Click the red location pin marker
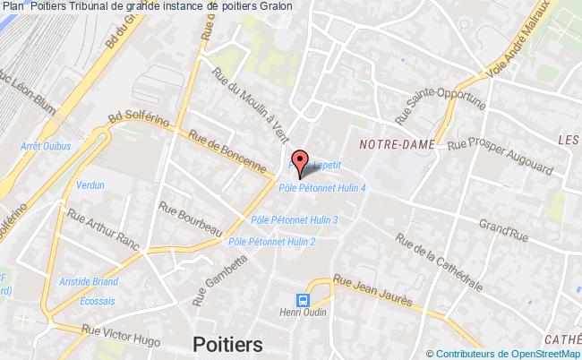pyautogui.click(x=301, y=159)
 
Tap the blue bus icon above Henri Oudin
pyautogui.click(x=304, y=301)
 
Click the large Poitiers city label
pyautogui.click(x=227, y=344)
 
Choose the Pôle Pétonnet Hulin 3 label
pyautogui.click(x=295, y=219)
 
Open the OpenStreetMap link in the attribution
pyautogui.click(x=532, y=355)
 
